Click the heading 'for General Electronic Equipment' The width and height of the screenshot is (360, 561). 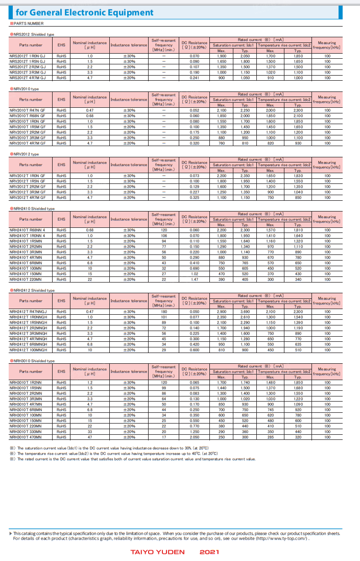tap(84, 12)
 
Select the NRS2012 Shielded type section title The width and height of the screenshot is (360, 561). tap(33, 34)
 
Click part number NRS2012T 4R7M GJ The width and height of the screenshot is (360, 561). tap(28, 78)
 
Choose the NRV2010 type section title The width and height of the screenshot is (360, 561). tap(26, 88)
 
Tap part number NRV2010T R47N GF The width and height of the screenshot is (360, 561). tap(28, 110)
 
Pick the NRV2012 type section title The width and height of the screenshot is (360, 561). tap(26, 154)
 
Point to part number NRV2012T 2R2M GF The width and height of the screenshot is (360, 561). tap(28, 186)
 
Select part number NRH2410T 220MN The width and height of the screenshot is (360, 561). tap(26, 279)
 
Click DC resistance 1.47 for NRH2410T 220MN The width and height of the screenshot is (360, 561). tap(195, 279)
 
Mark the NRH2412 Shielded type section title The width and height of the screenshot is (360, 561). tap(33, 290)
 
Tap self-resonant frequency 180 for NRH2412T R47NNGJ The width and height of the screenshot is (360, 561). tap(164, 312)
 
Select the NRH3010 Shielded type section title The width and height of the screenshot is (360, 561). tap(33, 361)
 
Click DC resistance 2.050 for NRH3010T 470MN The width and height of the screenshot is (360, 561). tap(195, 437)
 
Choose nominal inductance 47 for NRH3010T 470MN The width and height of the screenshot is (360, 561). tap(90, 437)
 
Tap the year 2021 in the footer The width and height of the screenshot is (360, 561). tap(209, 552)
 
